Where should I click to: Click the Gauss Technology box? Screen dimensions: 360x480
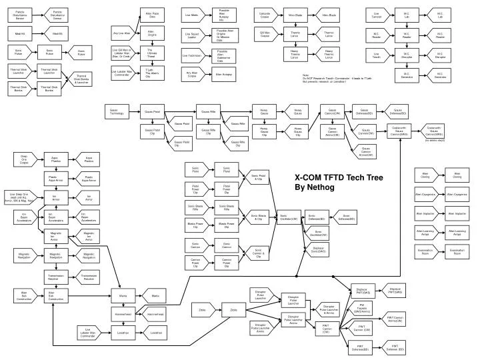117,112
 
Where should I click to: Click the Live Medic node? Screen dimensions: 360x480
192,14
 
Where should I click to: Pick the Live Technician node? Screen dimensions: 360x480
192,56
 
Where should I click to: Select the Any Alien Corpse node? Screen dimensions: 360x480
192,75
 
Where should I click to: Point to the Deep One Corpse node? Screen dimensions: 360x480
24,159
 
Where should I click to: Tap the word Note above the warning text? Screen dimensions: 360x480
306,75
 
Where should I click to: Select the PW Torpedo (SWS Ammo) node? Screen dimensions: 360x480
361,308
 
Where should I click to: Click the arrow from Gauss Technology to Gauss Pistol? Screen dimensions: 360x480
133,112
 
